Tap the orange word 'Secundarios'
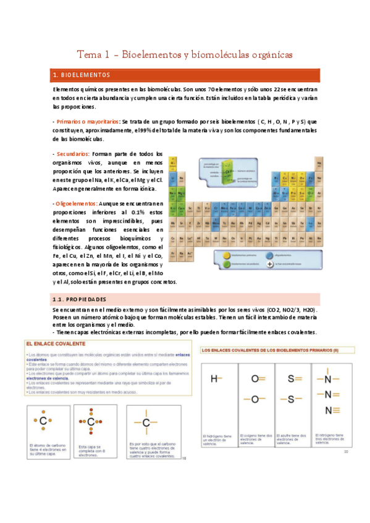click(73, 154)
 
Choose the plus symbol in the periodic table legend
click(270, 264)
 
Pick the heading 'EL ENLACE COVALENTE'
click(54, 343)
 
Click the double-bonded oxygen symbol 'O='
click(257, 379)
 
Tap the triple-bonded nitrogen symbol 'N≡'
click(331, 410)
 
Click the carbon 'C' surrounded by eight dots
click(91, 422)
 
